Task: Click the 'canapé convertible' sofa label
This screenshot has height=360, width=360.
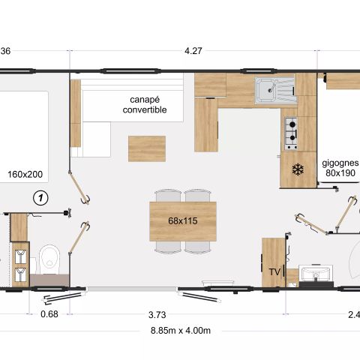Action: [x=145, y=104]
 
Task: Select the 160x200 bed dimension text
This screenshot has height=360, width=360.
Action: [x=25, y=174]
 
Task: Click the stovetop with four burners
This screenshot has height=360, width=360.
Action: [x=290, y=133]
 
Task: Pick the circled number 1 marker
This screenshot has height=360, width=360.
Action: [x=42, y=197]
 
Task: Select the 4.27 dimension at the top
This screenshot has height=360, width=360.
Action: [x=195, y=52]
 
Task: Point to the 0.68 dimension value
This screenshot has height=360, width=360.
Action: [x=49, y=314]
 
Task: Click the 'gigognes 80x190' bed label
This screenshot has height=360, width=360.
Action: [x=340, y=166]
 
